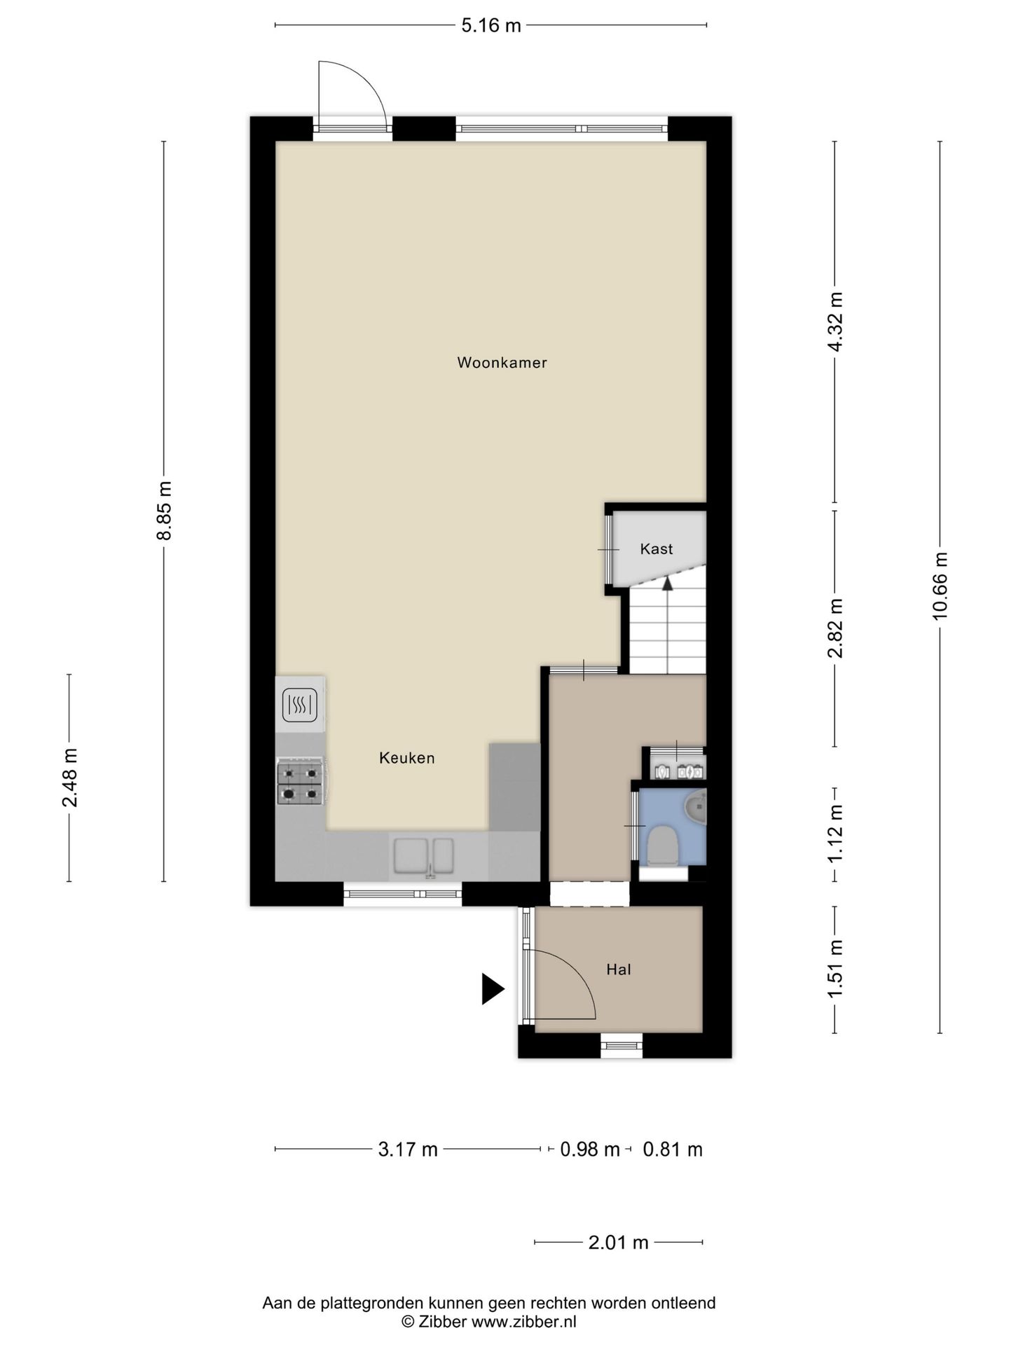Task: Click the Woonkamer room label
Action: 502,363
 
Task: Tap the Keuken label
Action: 407,758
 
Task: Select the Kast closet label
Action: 657,549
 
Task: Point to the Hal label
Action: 619,970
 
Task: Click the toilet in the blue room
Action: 662,846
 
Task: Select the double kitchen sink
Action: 423,857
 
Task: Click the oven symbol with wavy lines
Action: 300,705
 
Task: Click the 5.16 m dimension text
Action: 491,26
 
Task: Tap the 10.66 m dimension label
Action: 940,586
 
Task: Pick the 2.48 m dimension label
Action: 69,778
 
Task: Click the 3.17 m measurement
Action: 408,1150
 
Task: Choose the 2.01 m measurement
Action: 619,1243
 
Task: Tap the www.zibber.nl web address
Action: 523,1322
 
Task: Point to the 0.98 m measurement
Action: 590,1150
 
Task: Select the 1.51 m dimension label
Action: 835,970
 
